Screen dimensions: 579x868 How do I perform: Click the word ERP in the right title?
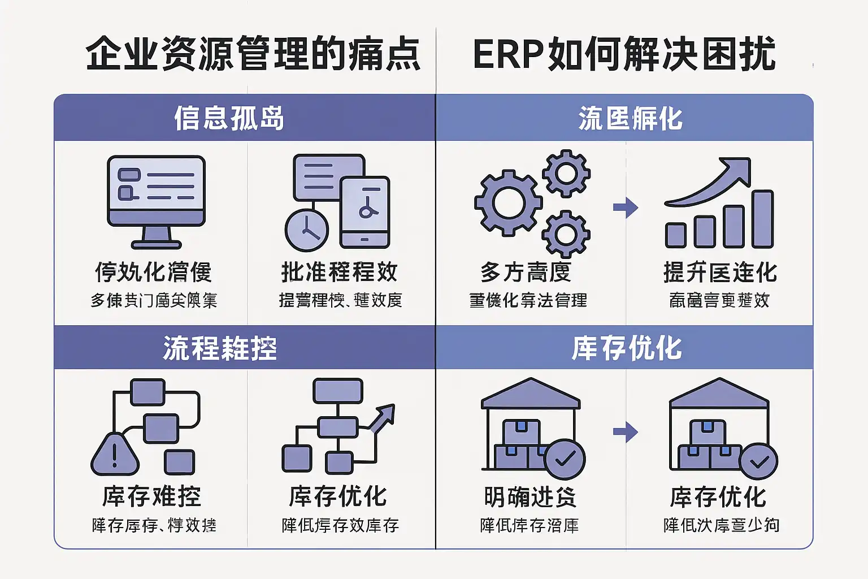click(x=507, y=55)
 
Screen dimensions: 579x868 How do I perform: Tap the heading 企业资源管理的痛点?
click(x=253, y=55)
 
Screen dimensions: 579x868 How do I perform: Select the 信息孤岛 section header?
click(x=229, y=118)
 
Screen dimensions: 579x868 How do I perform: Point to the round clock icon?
click(x=307, y=230)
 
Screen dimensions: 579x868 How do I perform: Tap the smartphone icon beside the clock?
click(x=365, y=213)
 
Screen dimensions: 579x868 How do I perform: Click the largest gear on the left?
click(x=507, y=202)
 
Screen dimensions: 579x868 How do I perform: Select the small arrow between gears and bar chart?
click(x=625, y=208)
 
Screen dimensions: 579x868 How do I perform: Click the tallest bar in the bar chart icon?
click(x=763, y=219)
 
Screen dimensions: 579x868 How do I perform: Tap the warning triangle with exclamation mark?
click(x=115, y=454)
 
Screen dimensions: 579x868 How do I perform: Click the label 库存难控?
click(x=151, y=496)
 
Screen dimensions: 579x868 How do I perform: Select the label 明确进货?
click(x=530, y=497)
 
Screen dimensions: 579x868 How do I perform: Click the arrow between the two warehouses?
click(x=625, y=433)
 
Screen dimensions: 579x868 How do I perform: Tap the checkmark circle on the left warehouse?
click(x=565, y=459)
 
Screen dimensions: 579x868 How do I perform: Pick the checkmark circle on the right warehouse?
click(x=758, y=462)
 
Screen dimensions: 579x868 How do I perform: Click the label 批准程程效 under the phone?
click(x=339, y=272)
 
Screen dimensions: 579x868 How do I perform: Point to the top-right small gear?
click(x=566, y=173)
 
